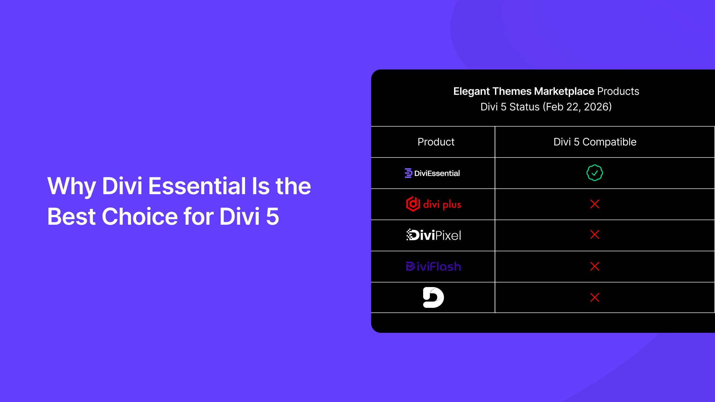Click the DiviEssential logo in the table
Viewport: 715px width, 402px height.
pos(432,173)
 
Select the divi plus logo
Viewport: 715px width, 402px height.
pos(434,204)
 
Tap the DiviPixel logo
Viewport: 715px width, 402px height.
pos(434,235)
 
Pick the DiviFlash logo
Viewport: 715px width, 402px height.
pos(434,267)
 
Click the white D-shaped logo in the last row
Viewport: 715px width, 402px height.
pos(433,297)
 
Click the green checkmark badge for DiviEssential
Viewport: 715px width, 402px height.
pos(594,173)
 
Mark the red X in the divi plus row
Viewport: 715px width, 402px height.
pos(594,204)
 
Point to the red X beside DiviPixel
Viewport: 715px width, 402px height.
pos(594,235)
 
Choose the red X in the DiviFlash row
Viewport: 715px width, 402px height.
pos(594,266)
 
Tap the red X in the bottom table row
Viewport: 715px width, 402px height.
pos(594,297)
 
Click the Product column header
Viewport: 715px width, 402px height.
pos(436,142)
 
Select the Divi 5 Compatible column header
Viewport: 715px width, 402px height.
pos(595,142)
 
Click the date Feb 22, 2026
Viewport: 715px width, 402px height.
pos(577,107)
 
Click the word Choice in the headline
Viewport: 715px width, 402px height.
pos(140,217)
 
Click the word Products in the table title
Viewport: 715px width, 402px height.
pos(618,92)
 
